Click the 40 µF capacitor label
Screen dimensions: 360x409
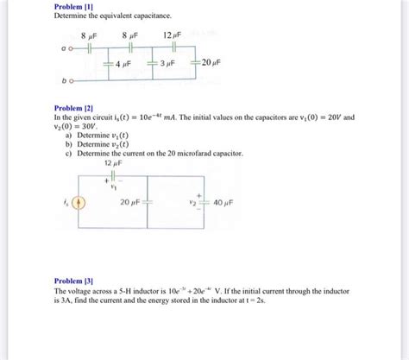point(222,204)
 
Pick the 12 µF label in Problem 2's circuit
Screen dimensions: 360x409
point(113,161)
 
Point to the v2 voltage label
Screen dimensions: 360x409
point(194,204)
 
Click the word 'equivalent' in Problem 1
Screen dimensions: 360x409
point(113,16)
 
